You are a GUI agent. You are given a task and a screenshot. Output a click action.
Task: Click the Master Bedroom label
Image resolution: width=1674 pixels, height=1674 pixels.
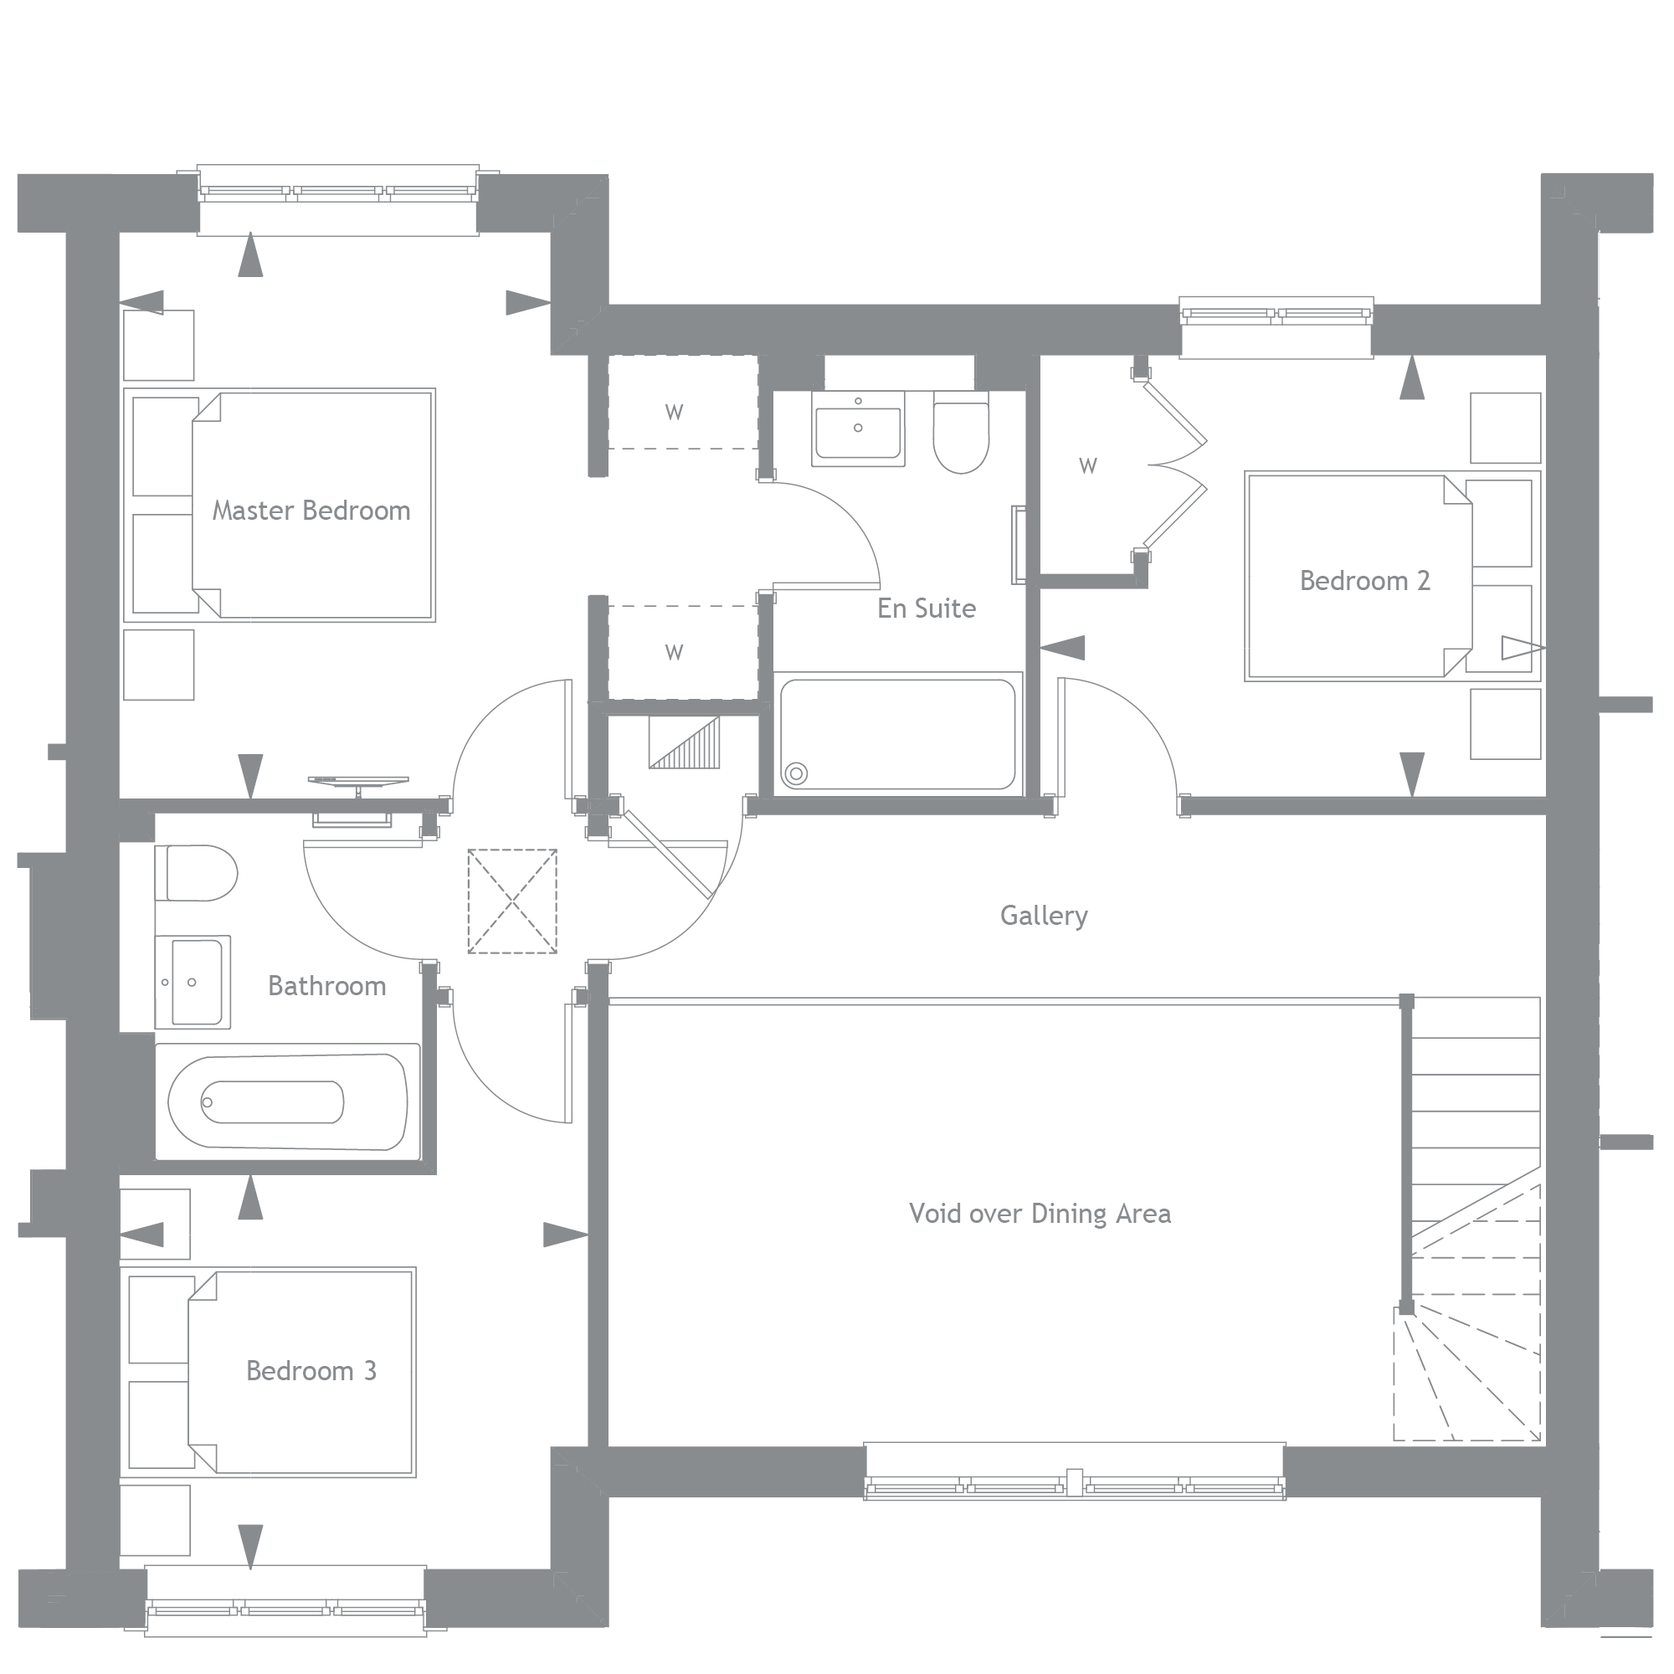click(x=311, y=511)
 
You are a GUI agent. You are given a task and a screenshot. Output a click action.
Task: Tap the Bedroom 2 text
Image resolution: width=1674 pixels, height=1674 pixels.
click(x=1364, y=581)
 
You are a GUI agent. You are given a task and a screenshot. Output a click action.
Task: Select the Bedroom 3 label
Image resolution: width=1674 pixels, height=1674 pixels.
click(x=311, y=1371)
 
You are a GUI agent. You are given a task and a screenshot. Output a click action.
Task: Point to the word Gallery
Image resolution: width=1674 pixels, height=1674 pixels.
click(x=1043, y=916)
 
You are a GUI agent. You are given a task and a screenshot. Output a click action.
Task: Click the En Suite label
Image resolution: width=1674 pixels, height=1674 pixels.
click(x=927, y=608)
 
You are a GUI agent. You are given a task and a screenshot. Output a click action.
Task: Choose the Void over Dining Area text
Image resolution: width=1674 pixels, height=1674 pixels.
click(x=1040, y=1213)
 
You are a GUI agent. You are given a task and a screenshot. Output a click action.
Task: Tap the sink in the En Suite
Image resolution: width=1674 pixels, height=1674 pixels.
click(x=858, y=428)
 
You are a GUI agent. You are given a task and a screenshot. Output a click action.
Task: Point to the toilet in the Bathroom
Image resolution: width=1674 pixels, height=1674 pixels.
click(x=196, y=873)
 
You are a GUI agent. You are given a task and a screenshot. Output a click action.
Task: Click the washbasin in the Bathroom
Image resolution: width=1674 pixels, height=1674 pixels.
click(x=193, y=982)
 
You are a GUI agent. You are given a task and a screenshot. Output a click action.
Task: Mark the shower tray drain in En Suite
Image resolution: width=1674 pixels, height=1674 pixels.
click(x=795, y=773)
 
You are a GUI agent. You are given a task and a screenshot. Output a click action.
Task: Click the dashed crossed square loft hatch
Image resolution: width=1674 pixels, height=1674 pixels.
click(x=512, y=902)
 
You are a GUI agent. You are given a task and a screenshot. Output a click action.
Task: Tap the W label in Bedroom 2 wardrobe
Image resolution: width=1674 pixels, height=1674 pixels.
click(x=1088, y=466)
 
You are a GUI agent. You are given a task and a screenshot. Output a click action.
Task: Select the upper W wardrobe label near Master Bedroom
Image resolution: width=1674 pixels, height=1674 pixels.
click(x=674, y=413)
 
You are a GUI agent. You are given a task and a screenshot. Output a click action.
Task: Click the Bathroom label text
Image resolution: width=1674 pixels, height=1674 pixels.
click(x=326, y=986)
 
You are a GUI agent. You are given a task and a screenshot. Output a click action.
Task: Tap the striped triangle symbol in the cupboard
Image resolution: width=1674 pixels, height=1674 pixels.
click(x=689, y=745)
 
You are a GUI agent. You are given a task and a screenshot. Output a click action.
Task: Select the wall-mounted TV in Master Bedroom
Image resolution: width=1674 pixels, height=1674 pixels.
click(x=358, y=783)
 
